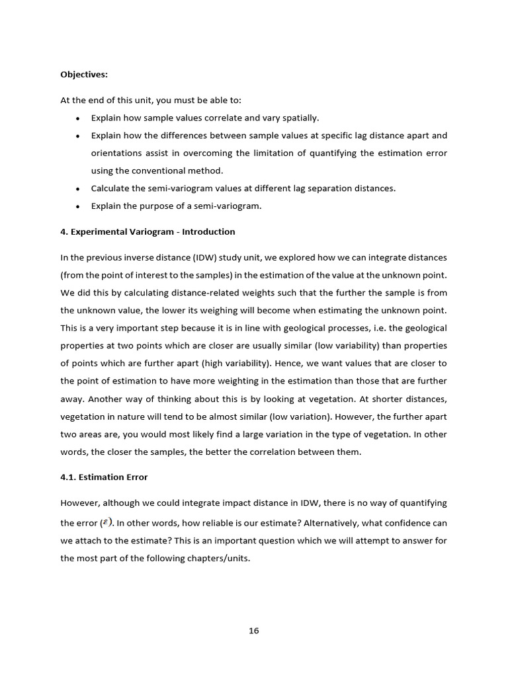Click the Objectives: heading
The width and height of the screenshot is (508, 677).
point(83,75)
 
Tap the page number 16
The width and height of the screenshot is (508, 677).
point(254,631)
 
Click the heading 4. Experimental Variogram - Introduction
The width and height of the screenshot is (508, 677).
point(148,232)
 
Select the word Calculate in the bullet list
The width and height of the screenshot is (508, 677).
point(110,188)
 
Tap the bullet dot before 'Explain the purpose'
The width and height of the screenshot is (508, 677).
point(78,206)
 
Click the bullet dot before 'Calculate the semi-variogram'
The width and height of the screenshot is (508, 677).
point(78,188)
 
